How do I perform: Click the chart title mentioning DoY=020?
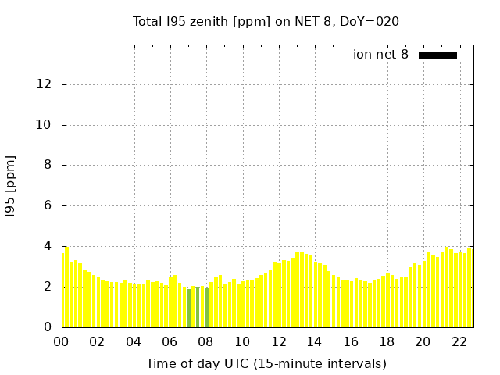266,21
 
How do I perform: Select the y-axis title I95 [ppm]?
11,186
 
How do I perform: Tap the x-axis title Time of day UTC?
266,363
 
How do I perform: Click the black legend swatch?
437,55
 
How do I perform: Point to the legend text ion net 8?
380,55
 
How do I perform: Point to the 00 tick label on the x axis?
61,341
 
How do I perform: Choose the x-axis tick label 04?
134,341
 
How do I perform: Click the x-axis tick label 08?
205,341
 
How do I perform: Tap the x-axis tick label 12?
278,341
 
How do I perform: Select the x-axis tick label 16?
351,341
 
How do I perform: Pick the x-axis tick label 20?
423,341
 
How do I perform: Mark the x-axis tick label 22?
459,341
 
